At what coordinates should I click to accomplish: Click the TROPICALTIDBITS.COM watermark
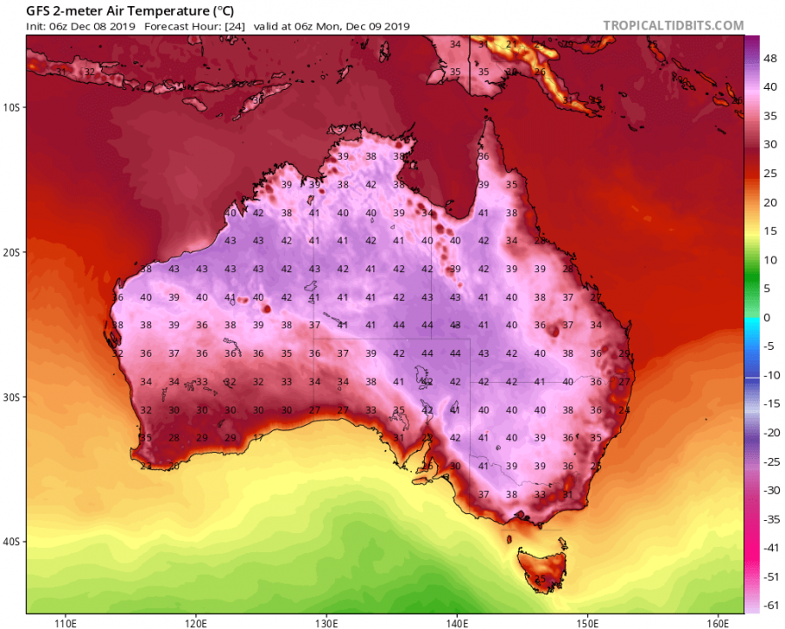pyautogui.click(x=673, y=26)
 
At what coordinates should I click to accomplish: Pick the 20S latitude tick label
pyautogui.click(x=11, y=252)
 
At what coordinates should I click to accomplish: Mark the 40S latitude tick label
pyautogui.click(x=11, y=542)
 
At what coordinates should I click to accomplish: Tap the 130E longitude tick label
pyautogui.click(x=327, y=623)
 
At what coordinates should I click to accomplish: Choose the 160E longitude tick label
pyautogui.click(x=718, y=623)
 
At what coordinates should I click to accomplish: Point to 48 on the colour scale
pyautogui.click(x=768, y=58)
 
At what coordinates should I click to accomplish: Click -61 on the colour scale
pyautogui.click(x=768, y=604)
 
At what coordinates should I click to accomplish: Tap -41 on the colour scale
pyautogui.click(x=768, y=546)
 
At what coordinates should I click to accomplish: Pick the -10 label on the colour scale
pyautogui.click(x=768, y=374)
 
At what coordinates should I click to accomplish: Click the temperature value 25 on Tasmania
pyautogui.click(x=540, y=578)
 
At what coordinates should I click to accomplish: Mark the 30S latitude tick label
pyautogui.click(x=11, y=397)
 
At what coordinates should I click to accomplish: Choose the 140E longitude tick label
pyautogui.click(x=458, y=623)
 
